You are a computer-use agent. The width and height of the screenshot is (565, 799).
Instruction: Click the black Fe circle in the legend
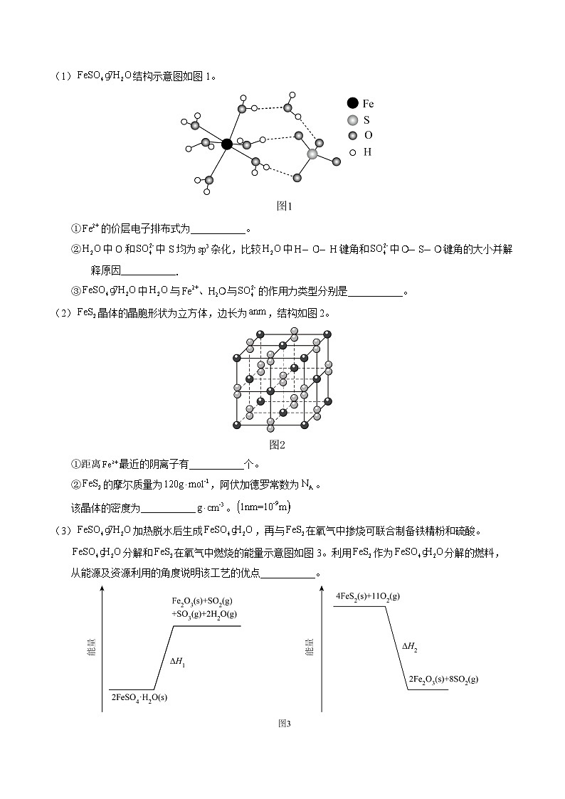tap(352, 104)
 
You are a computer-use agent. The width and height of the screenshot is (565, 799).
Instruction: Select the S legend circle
tap(352, 120)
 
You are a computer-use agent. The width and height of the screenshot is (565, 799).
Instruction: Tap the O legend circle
tap(352, 136)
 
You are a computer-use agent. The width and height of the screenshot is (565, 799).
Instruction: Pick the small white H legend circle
tap(352, 152)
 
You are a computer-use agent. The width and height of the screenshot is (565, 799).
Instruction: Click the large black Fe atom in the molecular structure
tap(227, 144)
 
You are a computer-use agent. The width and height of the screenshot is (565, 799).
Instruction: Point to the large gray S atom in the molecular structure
tap(312, 154)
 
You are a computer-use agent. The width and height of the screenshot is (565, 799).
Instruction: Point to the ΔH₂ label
tap(409, 647)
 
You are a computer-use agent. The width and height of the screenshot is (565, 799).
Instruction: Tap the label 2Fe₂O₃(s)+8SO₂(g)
tap(443, 679)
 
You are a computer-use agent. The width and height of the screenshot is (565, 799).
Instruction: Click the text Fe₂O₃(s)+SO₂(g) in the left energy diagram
tap(204, 602)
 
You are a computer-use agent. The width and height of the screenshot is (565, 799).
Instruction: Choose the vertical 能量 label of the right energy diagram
tap(310, 647)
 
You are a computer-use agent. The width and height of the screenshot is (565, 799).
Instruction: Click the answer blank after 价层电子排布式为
tap(218, 229)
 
